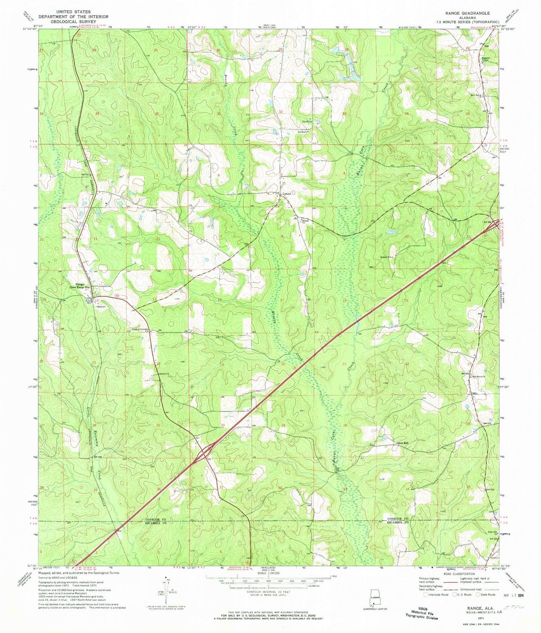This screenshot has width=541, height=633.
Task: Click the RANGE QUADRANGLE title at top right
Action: [x=471, y=13]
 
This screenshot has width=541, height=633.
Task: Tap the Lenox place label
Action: [x=287, y=194]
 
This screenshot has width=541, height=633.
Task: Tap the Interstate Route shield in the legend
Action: [x=425, y=594]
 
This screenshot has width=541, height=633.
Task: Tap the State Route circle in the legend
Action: [x=478, y=594]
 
